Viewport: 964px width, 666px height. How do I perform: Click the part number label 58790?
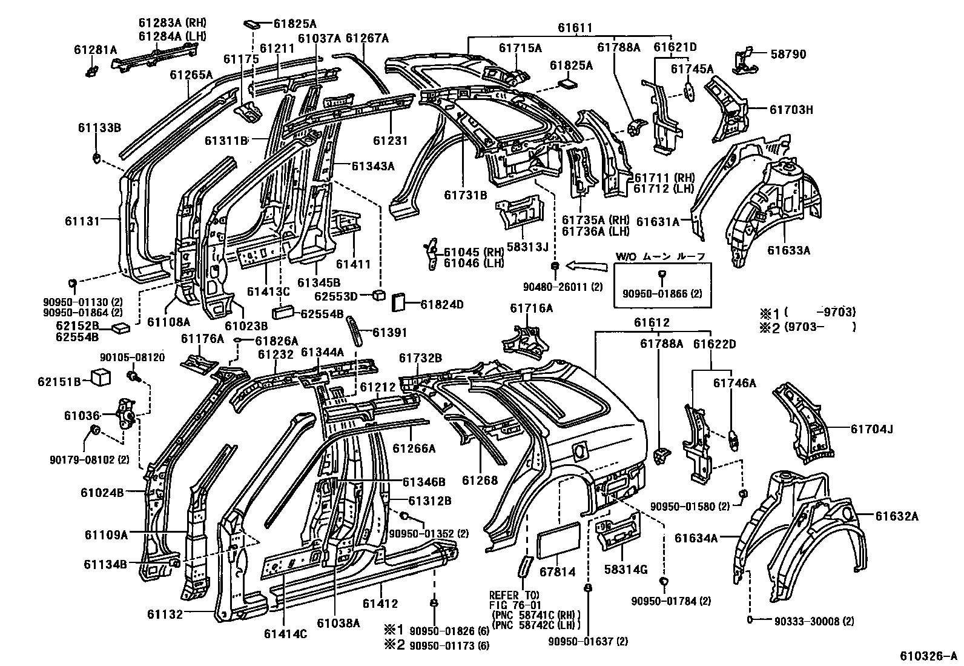pos(788,55)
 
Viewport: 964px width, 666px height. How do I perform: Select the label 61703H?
pos(791,110)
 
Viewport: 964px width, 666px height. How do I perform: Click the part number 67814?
pos(557,572)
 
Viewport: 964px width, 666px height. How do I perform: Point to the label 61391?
pos(389,333)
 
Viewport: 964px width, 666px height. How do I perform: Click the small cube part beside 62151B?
pos(101,378)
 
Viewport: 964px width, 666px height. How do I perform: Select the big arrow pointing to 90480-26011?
pos(587,264)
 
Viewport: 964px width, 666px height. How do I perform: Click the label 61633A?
pos(788,250)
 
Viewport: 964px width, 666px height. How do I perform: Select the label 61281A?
pos(96,50)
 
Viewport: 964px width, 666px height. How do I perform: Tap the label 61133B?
pos(99,127)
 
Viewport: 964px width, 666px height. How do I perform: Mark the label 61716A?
pos(531,308)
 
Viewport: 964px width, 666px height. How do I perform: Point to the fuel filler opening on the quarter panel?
pos(578,451)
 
